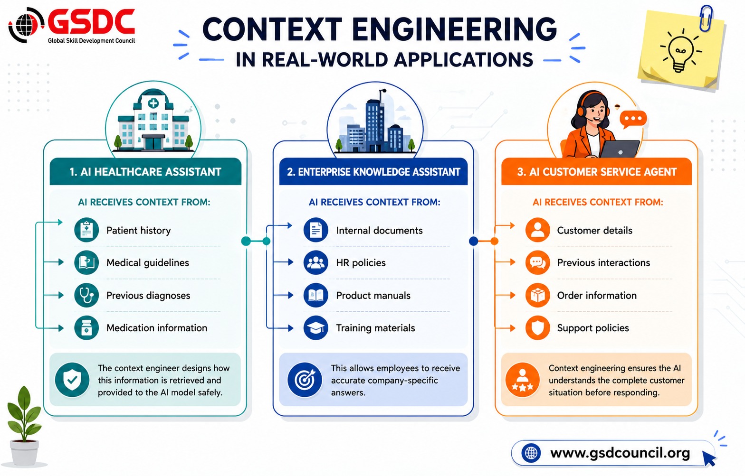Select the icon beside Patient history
click(x=86, y=230)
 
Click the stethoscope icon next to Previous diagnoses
click(x=86, y=295)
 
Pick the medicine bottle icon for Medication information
click(x=86, y=328)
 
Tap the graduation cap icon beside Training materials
click(x=315, y=328)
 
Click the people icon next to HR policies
click(x=315, y=262)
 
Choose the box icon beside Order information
click(x=537, y=295)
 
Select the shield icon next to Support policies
click(x=537, y=328)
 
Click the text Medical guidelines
click(x=148, y=263)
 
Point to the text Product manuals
click(x=373, y=295)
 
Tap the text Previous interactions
click(x=603, y=263)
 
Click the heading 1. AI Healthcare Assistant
click(x=145, y=172)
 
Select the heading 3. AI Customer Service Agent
click(x=597, y=172)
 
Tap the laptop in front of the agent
click(x=619, y=149)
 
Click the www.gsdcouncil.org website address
click(x=620, y=453)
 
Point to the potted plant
click(x=24, y=427)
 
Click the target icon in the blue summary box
click(x=305, y=380)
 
